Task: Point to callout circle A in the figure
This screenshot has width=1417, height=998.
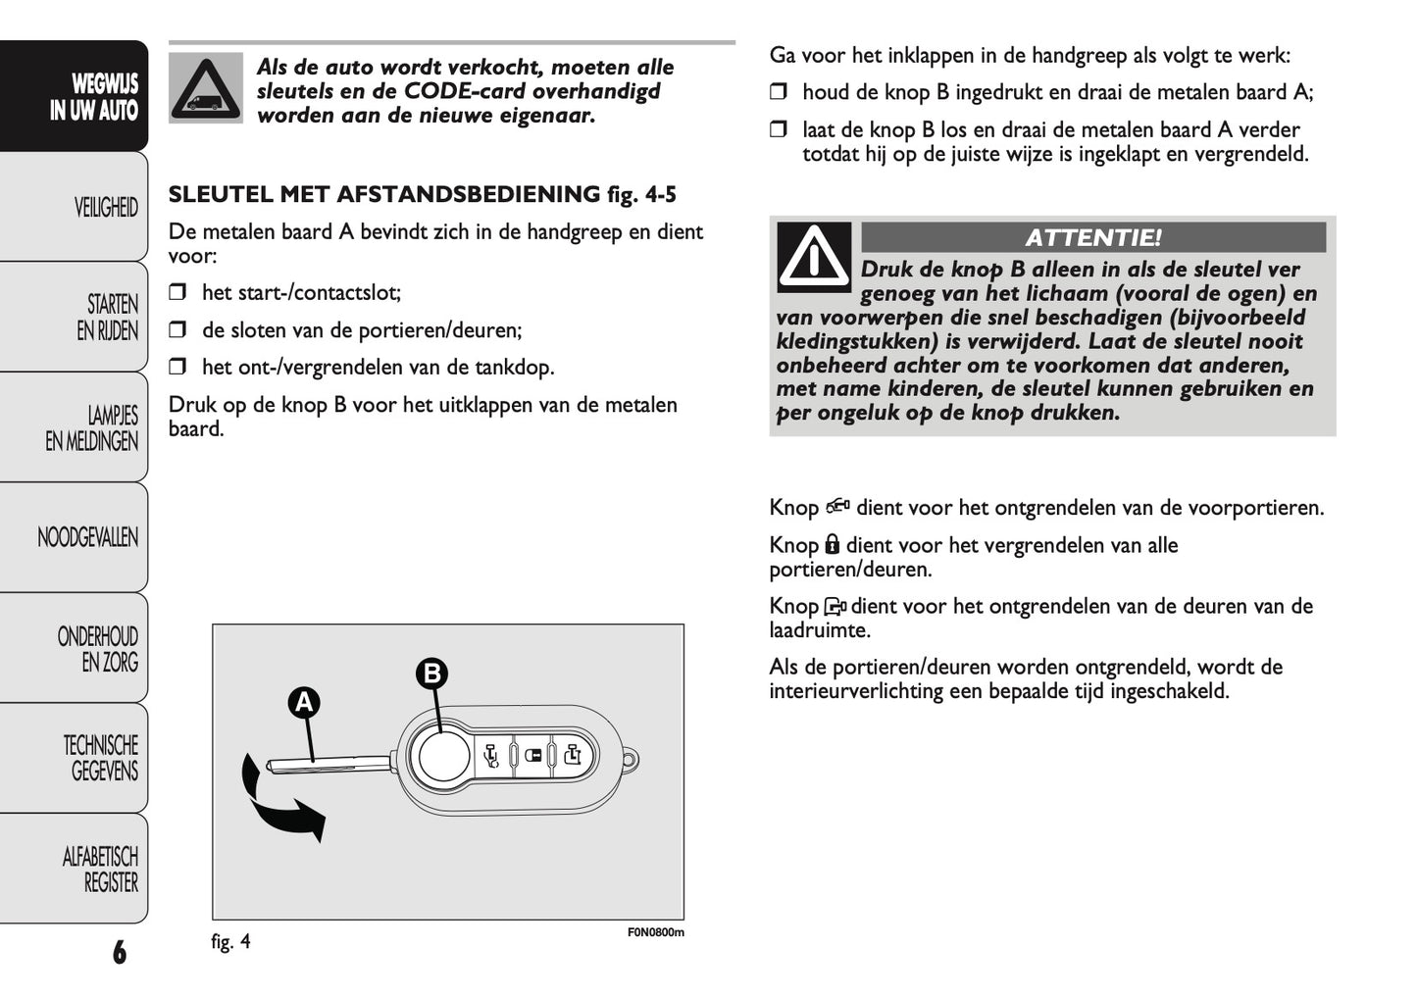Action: pyautogui.click(x=304, y=702)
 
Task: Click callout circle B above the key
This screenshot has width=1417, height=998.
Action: pyautogui.click(x=431, y=674)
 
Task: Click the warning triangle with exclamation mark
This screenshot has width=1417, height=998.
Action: pyautogui.click(x=813, y=257)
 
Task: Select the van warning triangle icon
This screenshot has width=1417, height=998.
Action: pyautogui.click(x=205, y=88)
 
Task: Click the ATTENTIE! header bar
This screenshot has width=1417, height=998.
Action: pyautogui.click(x=1092, y=237)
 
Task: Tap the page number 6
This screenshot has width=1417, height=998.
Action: pyautogui.click(x=119, y=951)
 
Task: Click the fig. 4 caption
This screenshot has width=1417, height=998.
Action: pyautogui.click(x=230, y=942)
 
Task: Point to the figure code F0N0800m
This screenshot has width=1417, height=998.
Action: pyautogui.click(x=655, y=932)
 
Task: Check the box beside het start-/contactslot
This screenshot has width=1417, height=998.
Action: pyautogui.click(x=177, y=292)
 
